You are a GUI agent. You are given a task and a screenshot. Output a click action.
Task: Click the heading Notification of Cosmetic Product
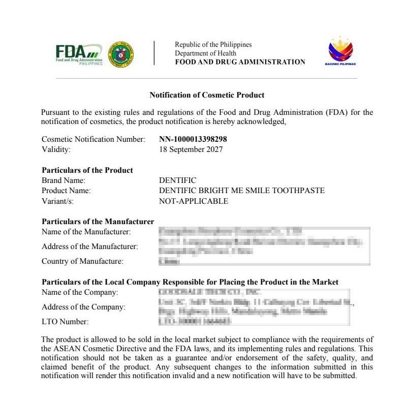coord(207,95)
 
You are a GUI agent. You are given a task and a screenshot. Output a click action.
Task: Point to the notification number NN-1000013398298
coord(193,139)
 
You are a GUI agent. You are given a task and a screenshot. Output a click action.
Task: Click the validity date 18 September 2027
coord(191,149)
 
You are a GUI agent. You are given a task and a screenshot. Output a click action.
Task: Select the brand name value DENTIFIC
coord(177,180)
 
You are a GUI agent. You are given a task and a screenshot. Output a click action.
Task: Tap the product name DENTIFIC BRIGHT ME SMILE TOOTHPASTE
coord(241,191)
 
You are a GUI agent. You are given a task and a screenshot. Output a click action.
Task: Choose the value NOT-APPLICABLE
coord(194,201)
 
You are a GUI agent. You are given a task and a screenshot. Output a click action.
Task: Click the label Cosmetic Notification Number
coord(93,139)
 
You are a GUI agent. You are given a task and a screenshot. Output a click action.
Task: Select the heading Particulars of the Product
coord(87,170)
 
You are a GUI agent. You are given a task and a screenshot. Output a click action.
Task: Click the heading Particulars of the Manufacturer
coord(98,222)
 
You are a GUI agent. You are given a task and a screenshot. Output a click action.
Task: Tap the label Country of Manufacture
coord(82,261)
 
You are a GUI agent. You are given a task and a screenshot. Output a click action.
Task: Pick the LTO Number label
coord(65,322)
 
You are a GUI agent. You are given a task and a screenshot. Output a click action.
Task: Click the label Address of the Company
coord(83,307)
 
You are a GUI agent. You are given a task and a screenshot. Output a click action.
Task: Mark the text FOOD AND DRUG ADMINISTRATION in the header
coord(240,62)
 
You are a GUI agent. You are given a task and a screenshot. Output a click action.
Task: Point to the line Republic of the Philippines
coord(213,45)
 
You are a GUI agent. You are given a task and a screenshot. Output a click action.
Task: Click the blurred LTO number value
coord(195,321)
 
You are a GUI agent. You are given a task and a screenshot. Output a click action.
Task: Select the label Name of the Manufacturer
coord(86,232)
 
